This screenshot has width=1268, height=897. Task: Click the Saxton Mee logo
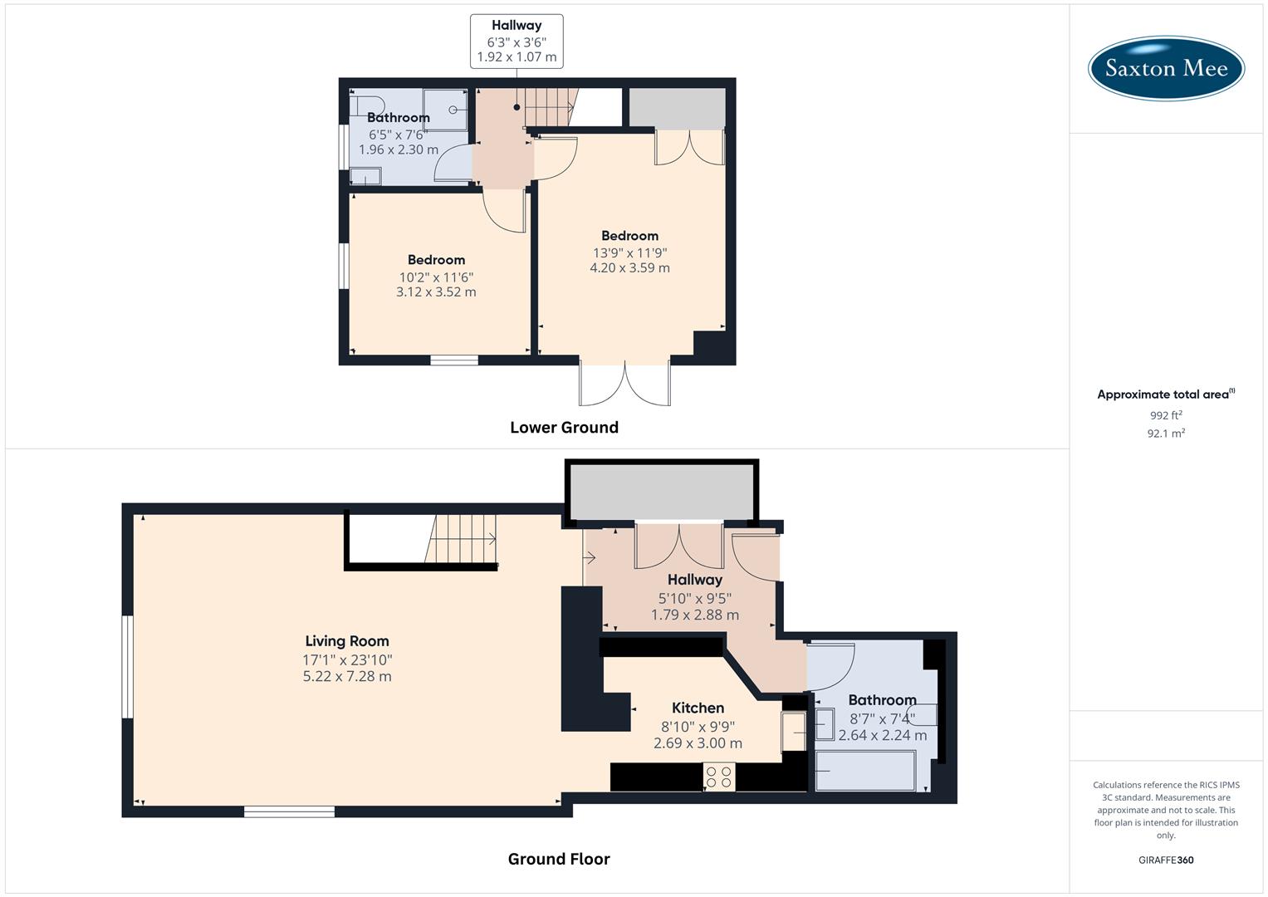click(1166, 67)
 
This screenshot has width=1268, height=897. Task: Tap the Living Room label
click(347, 641)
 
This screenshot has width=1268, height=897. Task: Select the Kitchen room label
click(698, 708)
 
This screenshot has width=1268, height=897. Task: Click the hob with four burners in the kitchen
click(718, 777)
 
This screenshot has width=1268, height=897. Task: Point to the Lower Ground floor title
click(564, 428)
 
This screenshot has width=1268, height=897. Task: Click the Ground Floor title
click(559, 859)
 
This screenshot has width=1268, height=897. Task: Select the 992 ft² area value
click(1166, 415)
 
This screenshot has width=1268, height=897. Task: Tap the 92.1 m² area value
click(1166, 434)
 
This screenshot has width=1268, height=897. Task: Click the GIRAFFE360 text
click(1166, 860)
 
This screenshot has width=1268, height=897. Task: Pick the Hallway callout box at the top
click(517, 41)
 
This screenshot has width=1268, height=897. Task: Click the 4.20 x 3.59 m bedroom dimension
click(629, 268)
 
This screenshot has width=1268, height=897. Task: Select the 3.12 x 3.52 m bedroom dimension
click(436, 292)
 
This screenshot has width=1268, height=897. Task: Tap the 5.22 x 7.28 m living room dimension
click(347, 677)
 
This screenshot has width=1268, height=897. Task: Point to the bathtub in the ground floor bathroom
click(865, 771)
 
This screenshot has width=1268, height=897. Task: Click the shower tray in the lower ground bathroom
click(447, 110)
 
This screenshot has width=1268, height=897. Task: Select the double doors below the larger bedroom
click(625, 384)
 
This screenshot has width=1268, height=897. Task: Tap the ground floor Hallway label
click(695, 580)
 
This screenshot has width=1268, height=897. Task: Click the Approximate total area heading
click(1164, 395)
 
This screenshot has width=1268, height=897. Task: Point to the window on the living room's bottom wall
click(289, 811)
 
